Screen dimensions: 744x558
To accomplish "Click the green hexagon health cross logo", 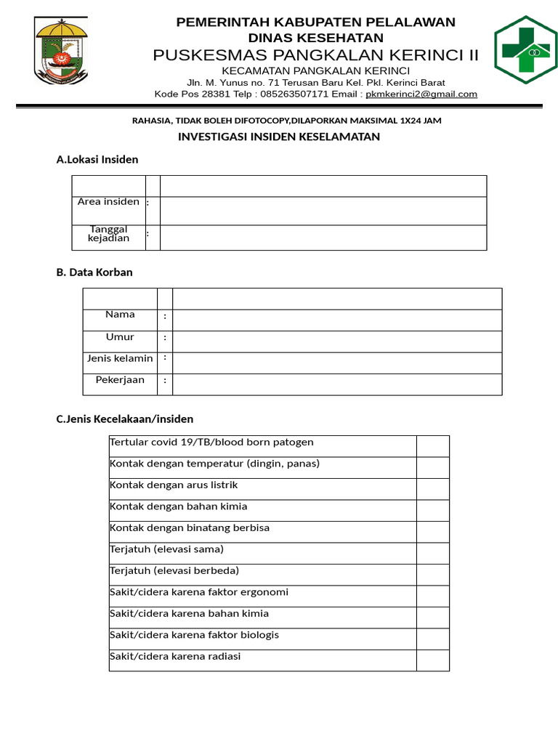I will coord(526,49).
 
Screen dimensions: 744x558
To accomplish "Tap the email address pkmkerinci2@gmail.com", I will coord(421,94).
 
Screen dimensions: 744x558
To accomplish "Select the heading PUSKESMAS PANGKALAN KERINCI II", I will coord(316,56).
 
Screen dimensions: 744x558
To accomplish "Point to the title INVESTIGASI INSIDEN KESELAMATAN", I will coord(279,137).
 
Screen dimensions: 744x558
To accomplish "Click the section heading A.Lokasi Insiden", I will coord(97,159).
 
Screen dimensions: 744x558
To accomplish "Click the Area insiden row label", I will coord(108,202).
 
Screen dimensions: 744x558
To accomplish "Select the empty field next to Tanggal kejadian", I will coord(323,238).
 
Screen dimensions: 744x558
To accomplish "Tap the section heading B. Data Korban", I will coord(94,272).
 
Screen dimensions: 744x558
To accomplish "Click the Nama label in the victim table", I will coord(120,315).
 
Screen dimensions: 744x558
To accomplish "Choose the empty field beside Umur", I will coord(337,341).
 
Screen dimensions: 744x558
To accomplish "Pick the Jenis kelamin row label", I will coord(120,358).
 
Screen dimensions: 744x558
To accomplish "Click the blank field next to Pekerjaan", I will coord(337,384).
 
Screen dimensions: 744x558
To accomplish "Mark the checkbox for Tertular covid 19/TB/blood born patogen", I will coord(432,446).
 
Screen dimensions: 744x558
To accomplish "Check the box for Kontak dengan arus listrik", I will coord(432,489).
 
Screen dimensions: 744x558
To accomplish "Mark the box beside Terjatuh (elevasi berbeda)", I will coord(432,575).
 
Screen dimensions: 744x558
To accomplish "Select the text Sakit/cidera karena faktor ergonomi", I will coord(199,592).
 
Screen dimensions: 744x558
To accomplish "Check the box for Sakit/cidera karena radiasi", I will coord(432,660).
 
